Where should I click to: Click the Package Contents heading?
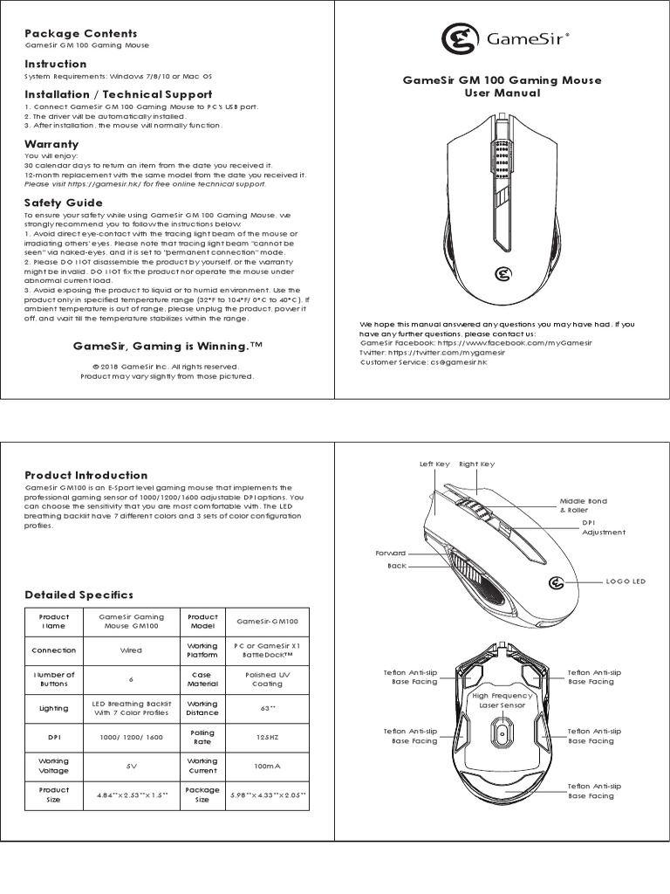click(80, 33)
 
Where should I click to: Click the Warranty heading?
click(51, 144)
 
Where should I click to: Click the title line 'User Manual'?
click(502, 93)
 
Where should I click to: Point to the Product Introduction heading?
click(85, 475)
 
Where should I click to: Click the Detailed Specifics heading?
click(79, 595)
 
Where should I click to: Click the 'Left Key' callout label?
click(434, 464)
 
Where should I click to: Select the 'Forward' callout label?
click(391, 554)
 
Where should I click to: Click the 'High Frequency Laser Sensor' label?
click(502, 701)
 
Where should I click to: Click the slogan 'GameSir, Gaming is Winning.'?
click(167, 347)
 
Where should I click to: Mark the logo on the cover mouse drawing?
click(502, 274)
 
